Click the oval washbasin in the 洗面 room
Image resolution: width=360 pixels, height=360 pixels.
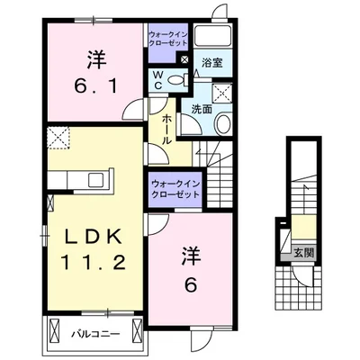[224, 125]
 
